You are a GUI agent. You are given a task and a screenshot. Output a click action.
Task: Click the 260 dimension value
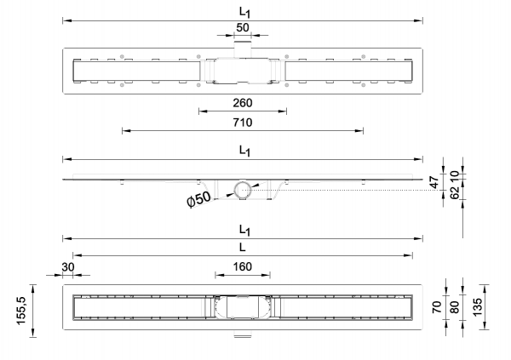tap(243, 103)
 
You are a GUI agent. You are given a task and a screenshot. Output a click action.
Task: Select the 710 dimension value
tap(243, 123)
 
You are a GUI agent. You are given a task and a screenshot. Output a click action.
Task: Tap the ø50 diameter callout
tap(198, 199)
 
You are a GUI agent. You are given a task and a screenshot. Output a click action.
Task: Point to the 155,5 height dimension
tap(21, 311)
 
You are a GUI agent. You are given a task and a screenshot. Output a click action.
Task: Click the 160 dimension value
tap(243, 267)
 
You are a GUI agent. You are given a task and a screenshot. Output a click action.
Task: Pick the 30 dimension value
tap(68, 267)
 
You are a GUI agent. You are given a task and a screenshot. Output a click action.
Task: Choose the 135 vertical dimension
tap(477, 306)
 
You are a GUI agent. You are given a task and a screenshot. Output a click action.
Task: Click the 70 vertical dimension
tap(436, 307)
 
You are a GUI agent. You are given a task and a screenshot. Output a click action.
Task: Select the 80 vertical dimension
tap(454, 307)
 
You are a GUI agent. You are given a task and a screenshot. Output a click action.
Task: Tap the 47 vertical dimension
tap(434, 182)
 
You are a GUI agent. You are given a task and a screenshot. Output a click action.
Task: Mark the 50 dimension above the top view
tap(243, 28)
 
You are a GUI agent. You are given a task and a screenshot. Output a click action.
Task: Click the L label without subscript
tap(242, 248)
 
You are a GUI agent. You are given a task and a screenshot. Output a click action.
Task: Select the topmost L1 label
tap(244, 13)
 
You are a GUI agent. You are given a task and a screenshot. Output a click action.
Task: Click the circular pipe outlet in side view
tap(243, 189)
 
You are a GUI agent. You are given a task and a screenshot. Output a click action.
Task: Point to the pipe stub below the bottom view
tap(243, 334)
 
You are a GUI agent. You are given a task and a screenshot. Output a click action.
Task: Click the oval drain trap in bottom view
tap(243, 307)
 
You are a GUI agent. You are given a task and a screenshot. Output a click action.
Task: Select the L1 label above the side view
tap(244, 151)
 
